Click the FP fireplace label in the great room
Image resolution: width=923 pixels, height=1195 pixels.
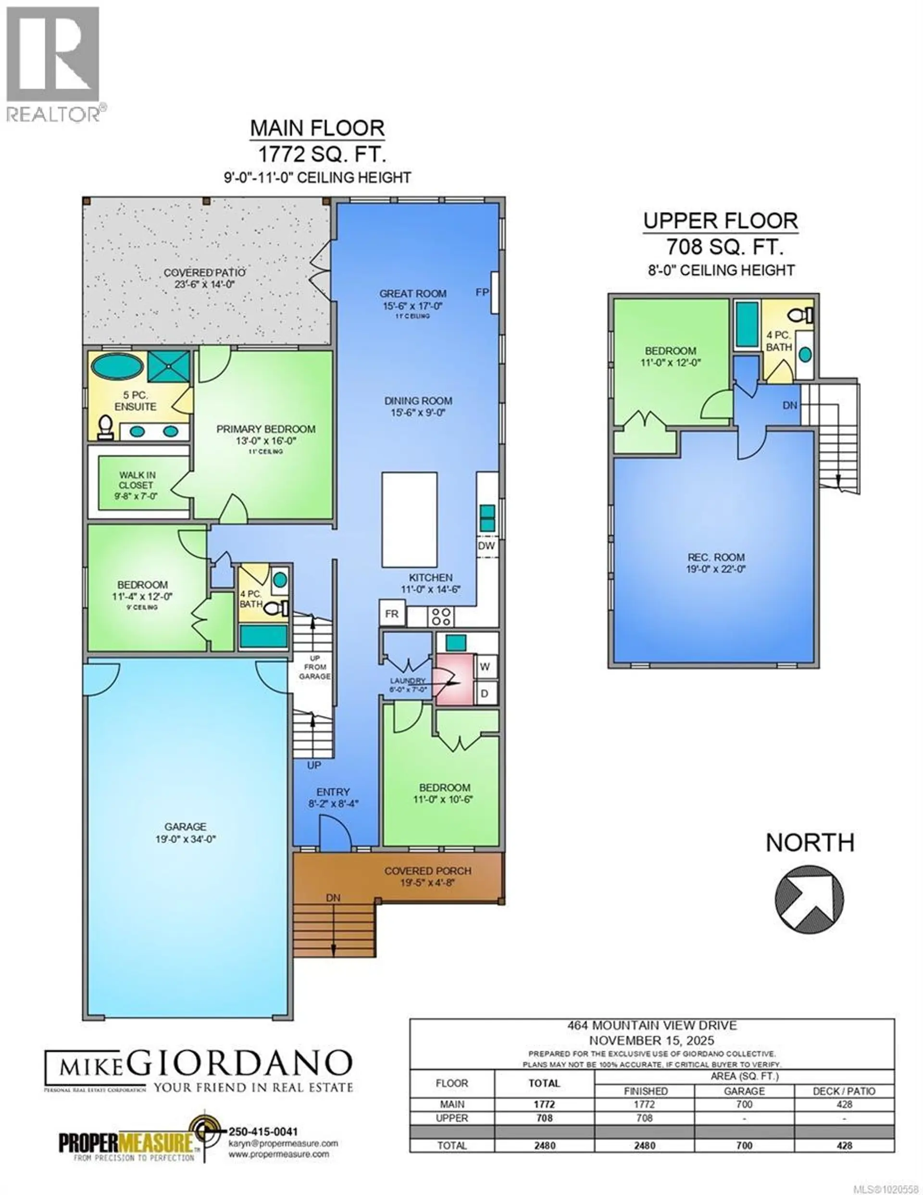482,292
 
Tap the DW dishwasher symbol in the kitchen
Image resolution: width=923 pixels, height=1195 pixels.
486,545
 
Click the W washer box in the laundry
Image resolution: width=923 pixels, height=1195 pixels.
485,667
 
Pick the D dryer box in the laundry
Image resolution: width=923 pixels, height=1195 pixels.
485,694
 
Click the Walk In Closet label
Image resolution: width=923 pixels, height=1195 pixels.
137,480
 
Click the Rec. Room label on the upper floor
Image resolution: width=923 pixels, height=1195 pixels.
716,557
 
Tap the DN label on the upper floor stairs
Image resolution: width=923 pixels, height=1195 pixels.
789,405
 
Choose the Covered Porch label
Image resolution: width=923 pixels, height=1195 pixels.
427,870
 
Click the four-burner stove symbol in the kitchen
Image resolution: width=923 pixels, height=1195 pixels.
441,616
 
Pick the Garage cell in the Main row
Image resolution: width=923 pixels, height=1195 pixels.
744,1104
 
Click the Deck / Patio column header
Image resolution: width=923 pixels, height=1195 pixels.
844,1091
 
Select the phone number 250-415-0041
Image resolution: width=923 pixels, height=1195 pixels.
262,1132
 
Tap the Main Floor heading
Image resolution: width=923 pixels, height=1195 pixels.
317,128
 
